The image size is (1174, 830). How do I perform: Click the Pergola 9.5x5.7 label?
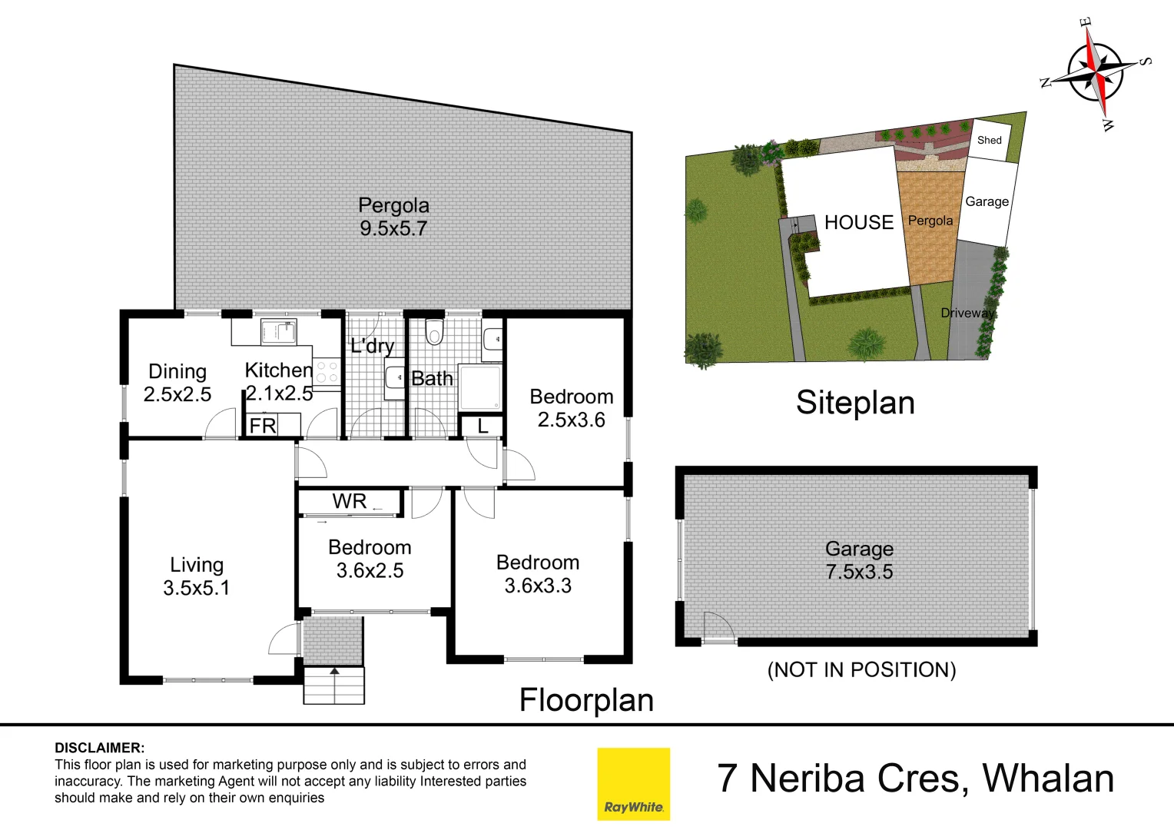point(393,217)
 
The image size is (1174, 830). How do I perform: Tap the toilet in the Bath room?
point(435,333)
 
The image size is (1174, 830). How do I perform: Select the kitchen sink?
point(277,332)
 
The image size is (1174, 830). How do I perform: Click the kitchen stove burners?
point(327,373)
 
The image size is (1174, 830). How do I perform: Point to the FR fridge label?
point(263,426)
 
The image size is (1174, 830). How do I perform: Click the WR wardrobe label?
point(350,502)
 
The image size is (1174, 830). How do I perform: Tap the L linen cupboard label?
point(483,426)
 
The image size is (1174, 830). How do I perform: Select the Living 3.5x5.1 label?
point(197,576)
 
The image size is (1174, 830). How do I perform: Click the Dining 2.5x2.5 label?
point(177,383)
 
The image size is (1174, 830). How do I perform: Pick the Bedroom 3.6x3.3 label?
point(538,574)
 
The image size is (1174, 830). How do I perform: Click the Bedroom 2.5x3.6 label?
point(572,408)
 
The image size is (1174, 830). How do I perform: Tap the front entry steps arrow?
point(334,672)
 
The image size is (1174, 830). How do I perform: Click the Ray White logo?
point(633,784)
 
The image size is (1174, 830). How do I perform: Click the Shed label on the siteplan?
point(989,140)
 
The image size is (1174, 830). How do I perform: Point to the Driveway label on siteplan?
point(967,313)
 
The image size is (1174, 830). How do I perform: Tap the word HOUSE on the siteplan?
point(859,223)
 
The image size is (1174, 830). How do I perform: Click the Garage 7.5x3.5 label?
point(859,560)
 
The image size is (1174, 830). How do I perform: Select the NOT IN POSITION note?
point(861,670)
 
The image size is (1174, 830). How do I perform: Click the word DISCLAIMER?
point(99,748)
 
